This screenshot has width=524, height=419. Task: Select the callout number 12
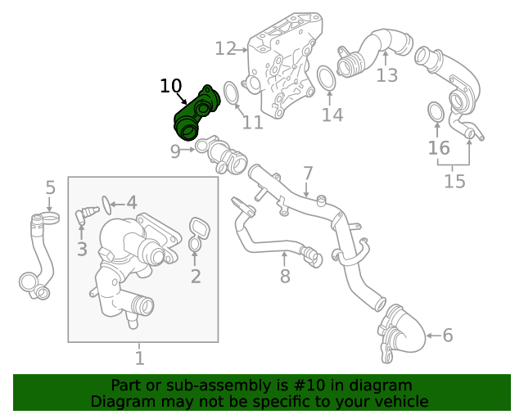(x=225, y=49)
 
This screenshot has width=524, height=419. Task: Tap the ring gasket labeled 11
(x=232, y=92)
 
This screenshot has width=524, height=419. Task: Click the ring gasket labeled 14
(x=327, y=79)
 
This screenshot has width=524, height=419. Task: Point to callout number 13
(x=386, y=75)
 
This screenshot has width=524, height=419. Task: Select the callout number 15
(x=454, y=180)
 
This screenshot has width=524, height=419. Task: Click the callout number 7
(x=308, y=173)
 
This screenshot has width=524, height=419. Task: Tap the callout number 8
(x=285, y=276)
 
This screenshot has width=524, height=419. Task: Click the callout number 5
(x=50, y=187)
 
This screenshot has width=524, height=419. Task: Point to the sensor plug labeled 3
(x=83, y=216)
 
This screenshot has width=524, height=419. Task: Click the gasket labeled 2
(x=196, y=232)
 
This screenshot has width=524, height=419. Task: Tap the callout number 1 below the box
(x=139, y=358)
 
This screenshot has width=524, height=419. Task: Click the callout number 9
(x=175, y=151)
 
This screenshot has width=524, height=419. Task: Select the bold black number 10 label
(x=170, y=86)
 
